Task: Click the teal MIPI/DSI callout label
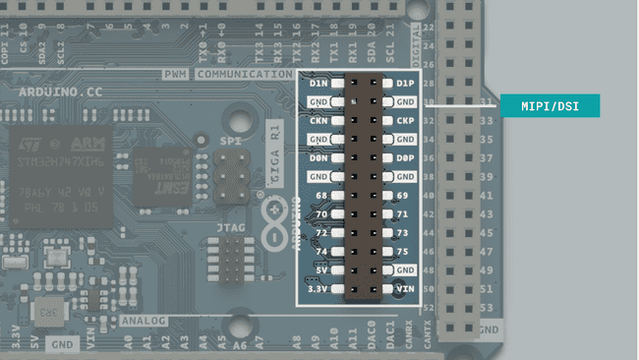tap(550, 105)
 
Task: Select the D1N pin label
tap(319, 83)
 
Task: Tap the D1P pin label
tap(404, 83)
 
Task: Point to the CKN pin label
tap(319, 121)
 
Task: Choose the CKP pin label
tap(404, 121)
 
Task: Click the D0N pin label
tap(319, 157)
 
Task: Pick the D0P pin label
tap(404, 157)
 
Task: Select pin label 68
tap(320, 195)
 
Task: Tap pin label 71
tap(401, 213)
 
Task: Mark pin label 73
tap(401, 232)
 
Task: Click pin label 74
tap(320, 251)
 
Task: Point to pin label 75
tap(401, 251)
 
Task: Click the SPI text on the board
tap(231, 142)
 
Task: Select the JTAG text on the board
tap(231, 228)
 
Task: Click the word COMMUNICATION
tap(243, 74)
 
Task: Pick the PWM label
tap(175, 74)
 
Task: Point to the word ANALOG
tap(144, 321)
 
